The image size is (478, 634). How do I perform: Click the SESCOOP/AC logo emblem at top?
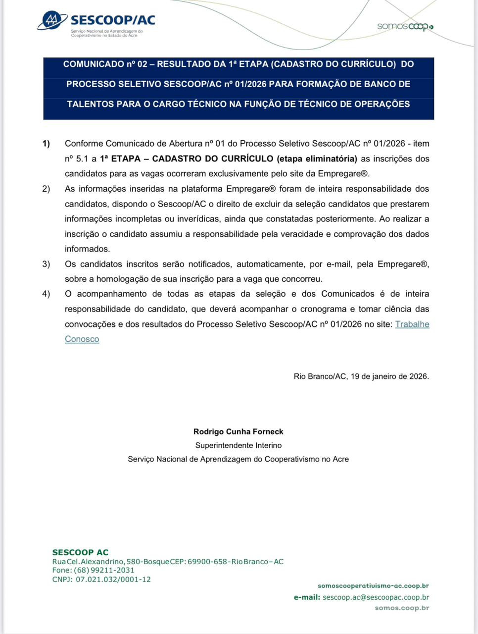pyautogui.click(x=52, y=21)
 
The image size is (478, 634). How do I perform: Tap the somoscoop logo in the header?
pyautogui.click(x=405, y=27)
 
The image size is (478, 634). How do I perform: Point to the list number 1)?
pyautogui.click(x=46, y=144)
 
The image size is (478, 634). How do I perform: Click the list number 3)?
pyautogui.click(x=46, y=264)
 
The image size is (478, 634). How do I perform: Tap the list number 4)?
pyautogui.click(x=46, y=294)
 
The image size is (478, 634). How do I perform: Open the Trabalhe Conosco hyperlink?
pyautogui.click(x=412, y=324)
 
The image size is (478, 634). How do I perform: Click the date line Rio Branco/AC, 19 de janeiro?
pyautogui.click(x=361, y=376)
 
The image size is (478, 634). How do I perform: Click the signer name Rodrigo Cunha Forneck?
pyautogui.click(x=239, y=431)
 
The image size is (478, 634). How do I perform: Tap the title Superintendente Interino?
pyautogui.click(x=239, y=445)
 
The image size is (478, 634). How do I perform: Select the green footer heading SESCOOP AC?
pyautogui.click(x=80, y=552)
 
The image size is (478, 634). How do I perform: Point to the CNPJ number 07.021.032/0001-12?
pyautogui.click(x=113, y=580)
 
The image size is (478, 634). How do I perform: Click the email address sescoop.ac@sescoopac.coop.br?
pyautogui.click(x=376, y=597)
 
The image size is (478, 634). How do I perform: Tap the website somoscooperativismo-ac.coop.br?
pyautogui.click(x=373, y=586)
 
